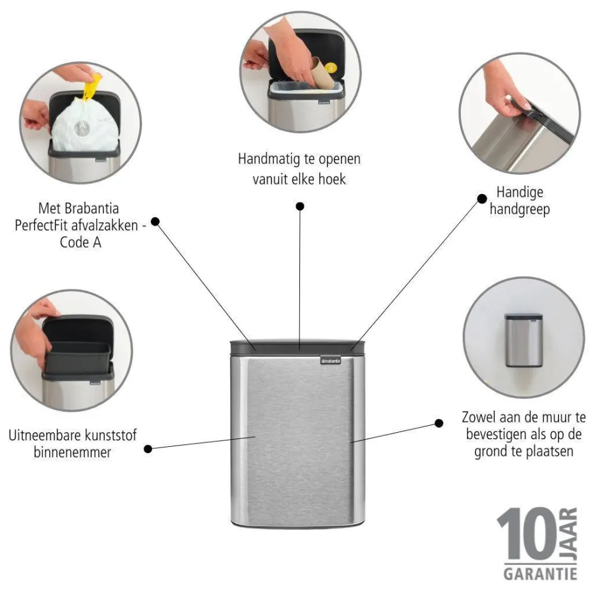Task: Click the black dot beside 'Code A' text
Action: point(154,222)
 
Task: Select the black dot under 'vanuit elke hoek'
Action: point(300,206)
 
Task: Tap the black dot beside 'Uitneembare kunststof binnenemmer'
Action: point(148,449)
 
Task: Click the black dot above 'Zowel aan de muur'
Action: point(439,423)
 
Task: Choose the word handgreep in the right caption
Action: point(520,209)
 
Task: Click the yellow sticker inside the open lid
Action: point(330,67)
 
